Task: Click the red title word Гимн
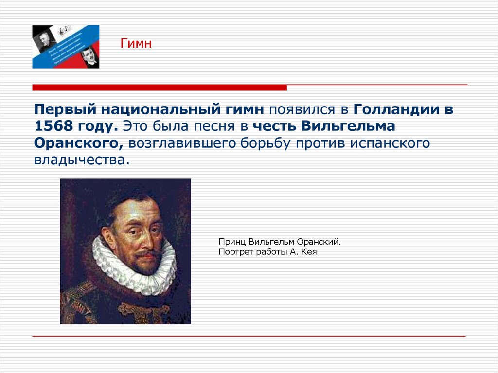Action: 136,44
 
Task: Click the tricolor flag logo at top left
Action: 66,47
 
